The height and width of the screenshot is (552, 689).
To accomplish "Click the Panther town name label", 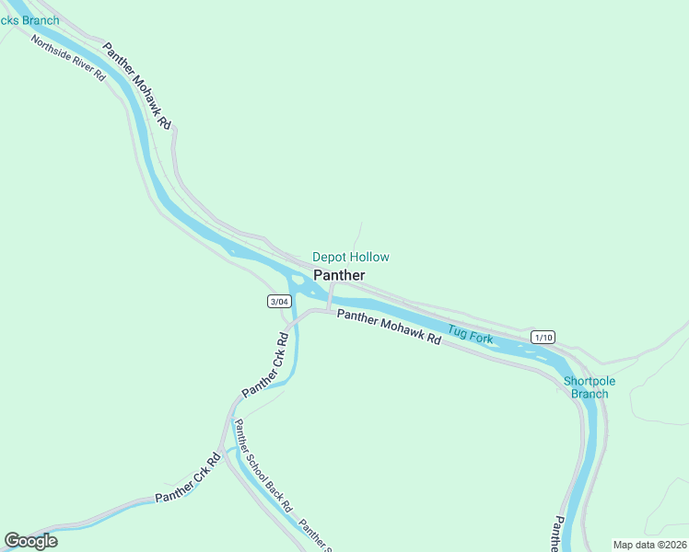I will point(339,275).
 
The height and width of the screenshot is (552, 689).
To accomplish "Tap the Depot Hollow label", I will point(350,258).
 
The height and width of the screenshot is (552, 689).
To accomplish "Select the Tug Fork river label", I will point(470,335).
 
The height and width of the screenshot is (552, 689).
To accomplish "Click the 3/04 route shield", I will point(279,302).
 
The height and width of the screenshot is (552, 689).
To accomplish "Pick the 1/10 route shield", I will point(543,338).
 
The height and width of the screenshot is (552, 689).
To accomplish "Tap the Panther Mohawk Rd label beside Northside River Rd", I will point(137,86).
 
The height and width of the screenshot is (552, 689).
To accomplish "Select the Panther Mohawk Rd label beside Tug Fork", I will point(389,327).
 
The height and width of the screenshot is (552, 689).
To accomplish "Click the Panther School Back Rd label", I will point(263,466).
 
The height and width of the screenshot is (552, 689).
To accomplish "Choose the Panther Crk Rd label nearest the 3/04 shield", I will point(266,365).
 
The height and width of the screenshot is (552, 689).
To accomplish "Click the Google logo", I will point(31,541).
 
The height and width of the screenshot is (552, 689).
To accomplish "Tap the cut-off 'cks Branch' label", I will point(29,20).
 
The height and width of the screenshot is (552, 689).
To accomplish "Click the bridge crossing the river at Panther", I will point(330,296).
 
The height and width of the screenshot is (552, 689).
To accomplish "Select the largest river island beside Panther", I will point(298,282).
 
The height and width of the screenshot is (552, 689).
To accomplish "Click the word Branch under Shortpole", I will point(589,395).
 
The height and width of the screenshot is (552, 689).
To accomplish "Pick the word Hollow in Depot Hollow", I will point(369,258).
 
